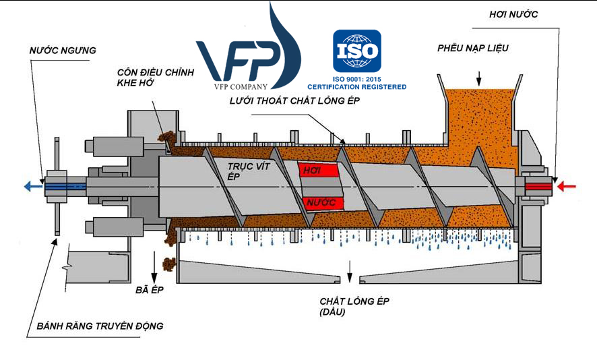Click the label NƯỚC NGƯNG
point(63,50)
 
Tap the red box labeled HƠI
point(317,171)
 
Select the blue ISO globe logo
point(356,51)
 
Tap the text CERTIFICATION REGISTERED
point(356,87)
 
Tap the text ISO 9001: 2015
point(356,79)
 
